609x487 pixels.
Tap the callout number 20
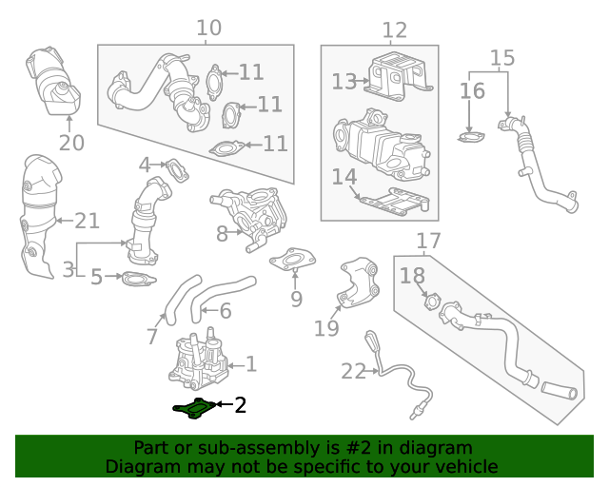tap(71, 144)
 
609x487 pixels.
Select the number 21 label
tap(87, 222)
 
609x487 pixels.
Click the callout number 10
tap(208, 28)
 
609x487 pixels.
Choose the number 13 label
tap(344, 82)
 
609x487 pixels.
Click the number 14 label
tap(344, 177)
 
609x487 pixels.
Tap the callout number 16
tap(472, 91)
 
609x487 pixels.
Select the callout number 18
tap(412, 276)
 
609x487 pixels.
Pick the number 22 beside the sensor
tap(353, 371)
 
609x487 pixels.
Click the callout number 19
tap(326, 329)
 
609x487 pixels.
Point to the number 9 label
tap(296, 300)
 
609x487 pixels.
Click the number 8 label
tap(222, 233)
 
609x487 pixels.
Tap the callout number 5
tap(96, 278)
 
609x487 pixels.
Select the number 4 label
tap(145, 165)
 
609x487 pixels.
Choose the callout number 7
tap(152, 336)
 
